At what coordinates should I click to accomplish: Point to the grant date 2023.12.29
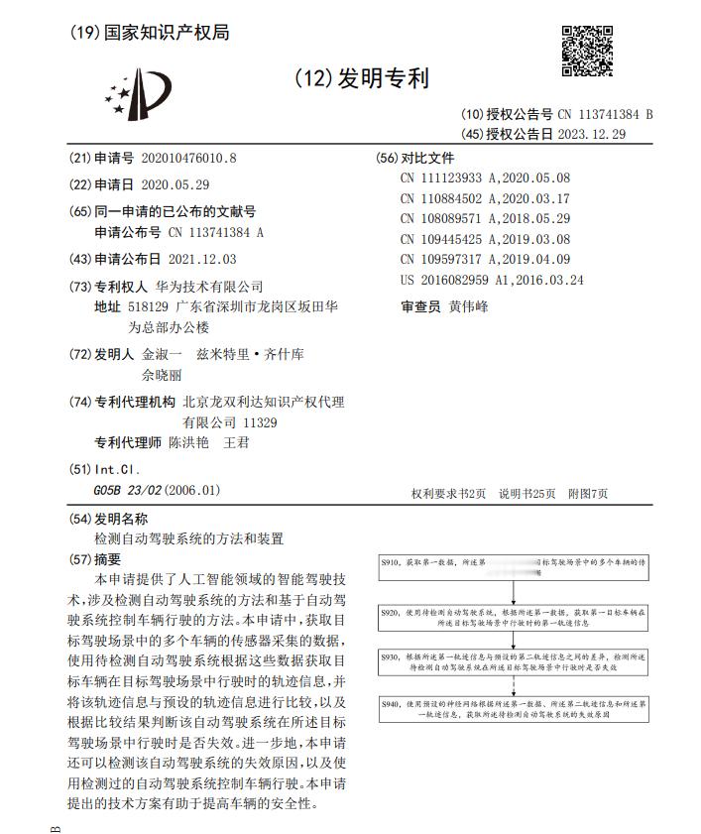[x=592, y=134]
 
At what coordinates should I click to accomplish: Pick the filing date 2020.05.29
[x=175, y=184]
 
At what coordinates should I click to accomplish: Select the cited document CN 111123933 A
[x=485, y=178]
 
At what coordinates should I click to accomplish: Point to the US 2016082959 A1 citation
[x=492, y=280]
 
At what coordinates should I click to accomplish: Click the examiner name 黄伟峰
[x=469, y=306]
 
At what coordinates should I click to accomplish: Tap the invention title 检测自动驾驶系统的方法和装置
[x=188, y=538]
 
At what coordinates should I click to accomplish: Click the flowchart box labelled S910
[x=514, y=567]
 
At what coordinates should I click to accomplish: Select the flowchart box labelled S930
[x=514, y=662]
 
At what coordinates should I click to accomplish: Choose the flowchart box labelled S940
[x=514, y=710]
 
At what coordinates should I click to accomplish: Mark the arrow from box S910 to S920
[x=514, y=592]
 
